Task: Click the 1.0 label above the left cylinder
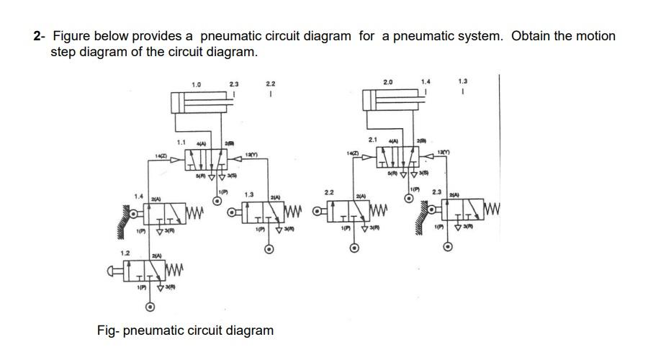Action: (x=196, y=85)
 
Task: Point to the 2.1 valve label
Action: (x=373, y=139)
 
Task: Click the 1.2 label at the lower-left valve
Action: (x=125, y=253)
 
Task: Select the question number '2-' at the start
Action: (x=40, y=36)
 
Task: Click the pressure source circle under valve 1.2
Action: (x=149, y=307)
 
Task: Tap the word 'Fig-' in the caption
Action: (x=108, y=330)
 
